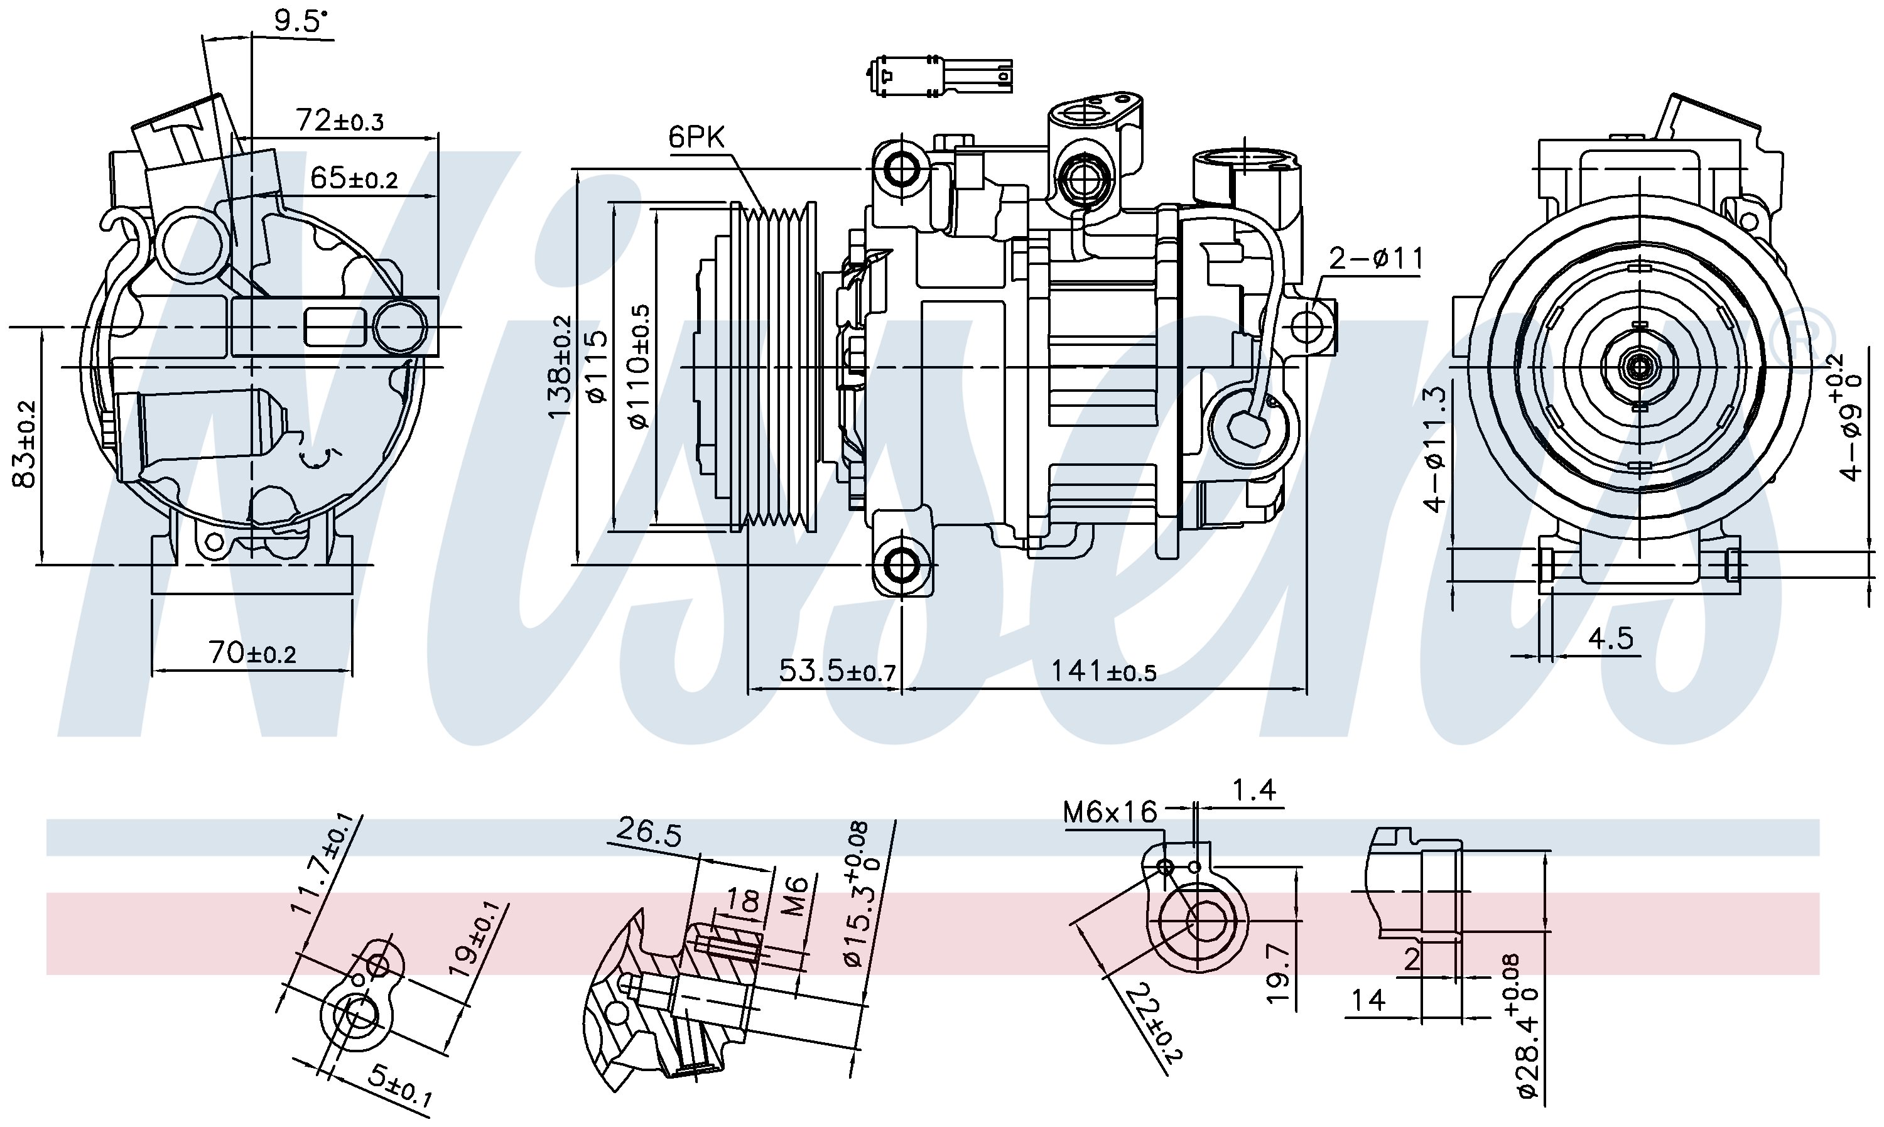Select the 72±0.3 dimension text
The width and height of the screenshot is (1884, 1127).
pyautogui.click(x=340, y=120)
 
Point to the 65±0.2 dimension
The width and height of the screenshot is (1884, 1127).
pyautogui.click(x=354, y=178)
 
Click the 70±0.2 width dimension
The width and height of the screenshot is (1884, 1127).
pyautogui.click(x=252, y=652)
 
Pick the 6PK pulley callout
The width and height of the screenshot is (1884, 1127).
pyautogui.click(x=696, y=137)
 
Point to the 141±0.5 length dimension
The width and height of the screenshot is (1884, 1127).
pyautogui.click(x=1103, y=671)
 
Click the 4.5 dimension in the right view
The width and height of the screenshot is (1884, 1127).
pyautogui.click(x=1610, y=639)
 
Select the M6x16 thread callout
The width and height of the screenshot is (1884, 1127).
pyautogui.click(x=1110, y=812)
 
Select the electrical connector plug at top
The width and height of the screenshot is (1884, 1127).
pyautogui.click(x=939, y=75)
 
